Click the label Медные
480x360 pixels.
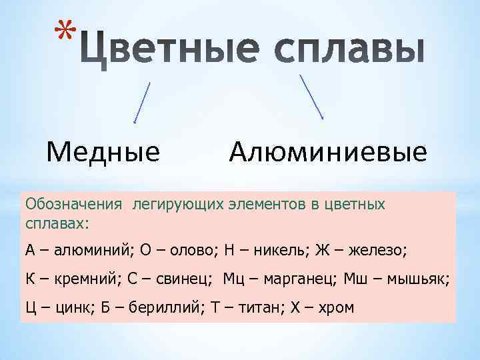point(103,153)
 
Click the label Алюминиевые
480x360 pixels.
point(327,153)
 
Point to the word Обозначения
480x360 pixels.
point(73,203)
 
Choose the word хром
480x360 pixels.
point(335,307)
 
